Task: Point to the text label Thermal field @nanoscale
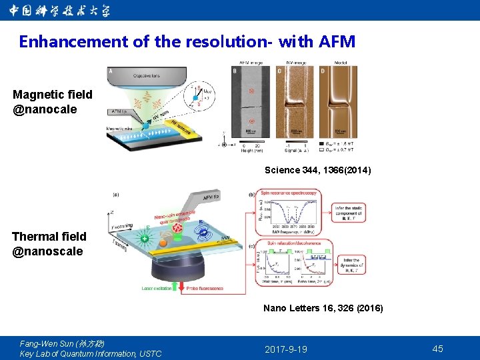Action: (49, 244)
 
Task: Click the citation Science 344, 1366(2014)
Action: (317, 171)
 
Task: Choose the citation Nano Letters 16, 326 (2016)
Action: (323, 309)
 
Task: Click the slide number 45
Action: (437, 349)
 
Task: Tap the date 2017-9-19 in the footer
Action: (285, 349)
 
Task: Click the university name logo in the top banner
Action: (59, 11)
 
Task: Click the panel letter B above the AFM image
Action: (235, 71)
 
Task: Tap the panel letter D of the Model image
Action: (323, 71)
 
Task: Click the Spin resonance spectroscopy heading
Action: (288, 194)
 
